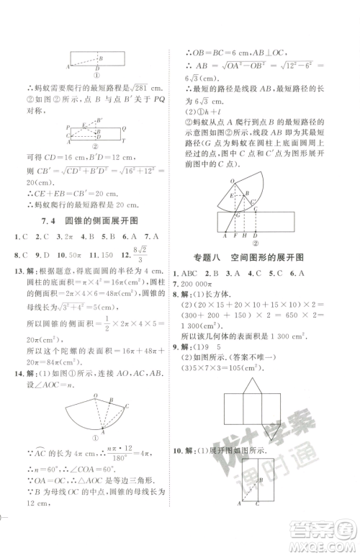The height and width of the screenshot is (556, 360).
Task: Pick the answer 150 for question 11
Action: point(108,254)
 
